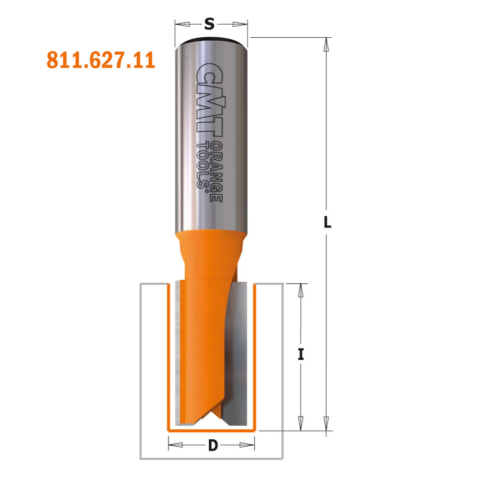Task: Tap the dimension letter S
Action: click(x=210, y=24)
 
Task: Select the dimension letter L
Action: click(x=327, y=222)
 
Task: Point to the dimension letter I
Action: click(x=301, y=355)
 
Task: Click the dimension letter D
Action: click(x=212, y=445)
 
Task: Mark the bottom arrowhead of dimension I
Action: click(x=301, y=424)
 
